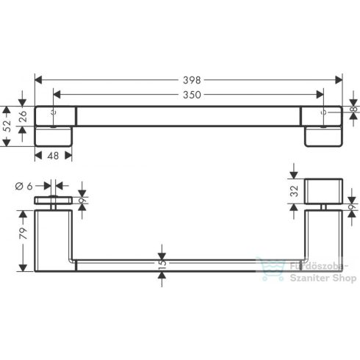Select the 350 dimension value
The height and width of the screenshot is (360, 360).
[x=190, y=94]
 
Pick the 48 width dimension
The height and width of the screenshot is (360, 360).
[x=54, y=156]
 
